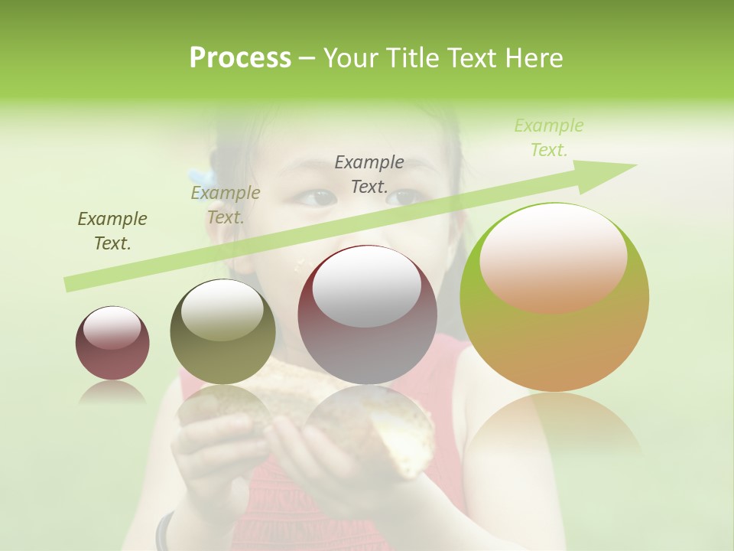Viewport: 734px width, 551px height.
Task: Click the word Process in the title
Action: click(240, 58)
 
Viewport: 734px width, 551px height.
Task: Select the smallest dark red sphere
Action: click(112, 343)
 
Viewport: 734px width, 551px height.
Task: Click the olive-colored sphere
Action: click(222, 332)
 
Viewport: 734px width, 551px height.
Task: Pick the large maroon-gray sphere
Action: click(367, 315)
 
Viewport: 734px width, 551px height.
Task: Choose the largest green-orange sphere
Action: click(554, 297)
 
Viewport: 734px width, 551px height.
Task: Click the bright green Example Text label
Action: click(549, 138)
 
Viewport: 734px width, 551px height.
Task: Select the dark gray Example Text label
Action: click(369, 174)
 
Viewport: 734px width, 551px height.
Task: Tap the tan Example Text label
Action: click(226, 205)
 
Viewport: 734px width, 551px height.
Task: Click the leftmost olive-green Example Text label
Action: click(112, 230)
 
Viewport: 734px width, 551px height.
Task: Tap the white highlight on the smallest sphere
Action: click(112, 328)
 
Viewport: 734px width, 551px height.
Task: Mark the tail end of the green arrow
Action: click(67, 285)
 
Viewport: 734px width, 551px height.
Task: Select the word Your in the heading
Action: click(352, 58)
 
